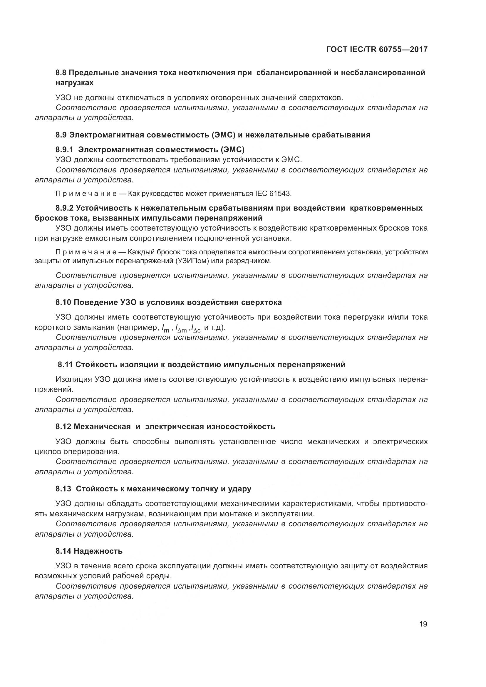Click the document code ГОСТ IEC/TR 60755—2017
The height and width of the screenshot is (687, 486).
tap(377, 49)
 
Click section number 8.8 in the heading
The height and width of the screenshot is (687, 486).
tap(62, 73)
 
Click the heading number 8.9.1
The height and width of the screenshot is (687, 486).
tap(64, 150)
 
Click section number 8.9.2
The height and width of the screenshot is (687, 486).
tap(64, 208)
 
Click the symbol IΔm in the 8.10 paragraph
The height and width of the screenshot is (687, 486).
tap(181, 328)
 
